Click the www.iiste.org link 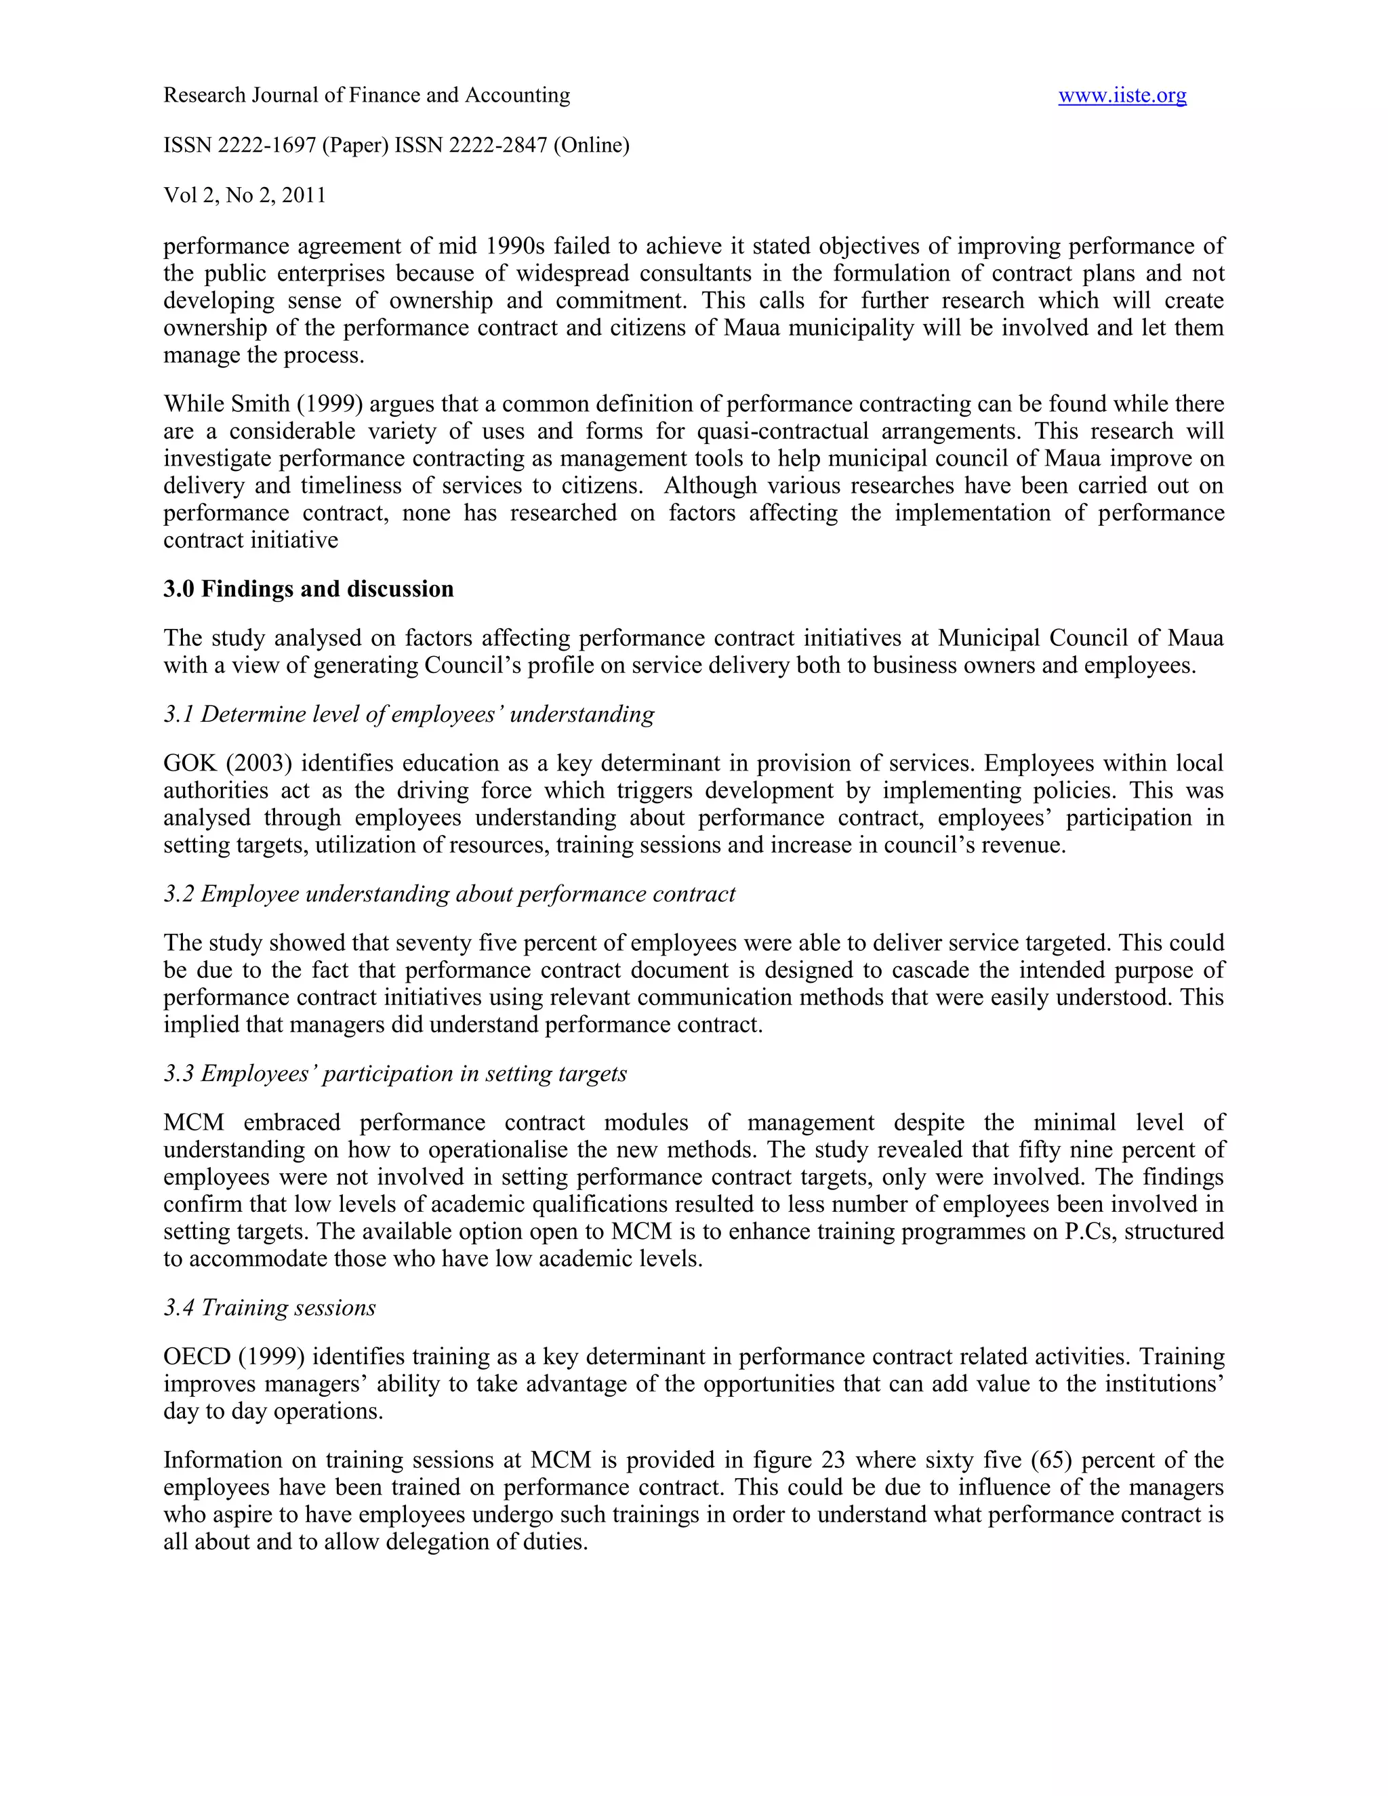click(1122, 96)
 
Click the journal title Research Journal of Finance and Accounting click(367, 96)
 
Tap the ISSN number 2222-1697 click(266, 146)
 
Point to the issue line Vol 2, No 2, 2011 click(245, 196)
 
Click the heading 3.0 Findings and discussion click(308, 589)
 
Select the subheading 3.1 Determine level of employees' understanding click(409, 714)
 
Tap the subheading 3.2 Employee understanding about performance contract click(449, 894)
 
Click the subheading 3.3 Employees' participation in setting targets click(394, 1074)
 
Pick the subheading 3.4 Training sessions click(270, 1307)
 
